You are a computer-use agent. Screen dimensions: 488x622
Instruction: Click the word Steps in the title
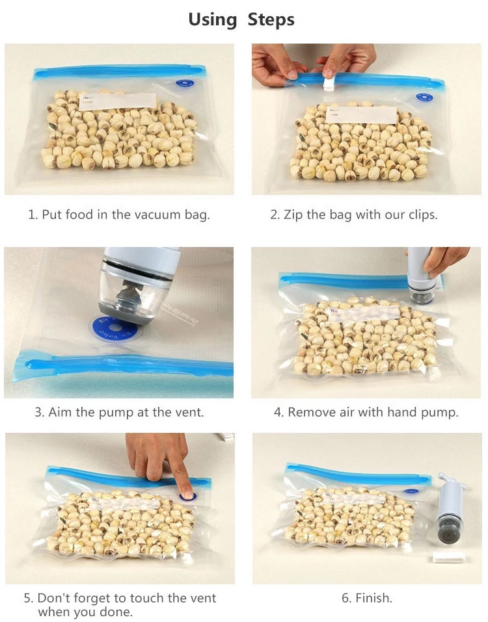[x=271, y=20]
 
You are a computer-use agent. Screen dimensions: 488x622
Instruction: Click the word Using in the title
[x=212, y=20]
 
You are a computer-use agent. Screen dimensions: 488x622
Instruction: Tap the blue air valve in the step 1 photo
[x=185, y=84]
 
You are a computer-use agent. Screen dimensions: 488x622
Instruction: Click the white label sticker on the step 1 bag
[x=118, y=101]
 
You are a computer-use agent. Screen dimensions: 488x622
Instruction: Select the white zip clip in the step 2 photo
[x=330, y=84]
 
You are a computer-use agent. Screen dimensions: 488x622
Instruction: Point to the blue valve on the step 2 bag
[x=424, y=97]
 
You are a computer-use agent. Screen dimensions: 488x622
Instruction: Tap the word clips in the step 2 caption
[x=422, y=215]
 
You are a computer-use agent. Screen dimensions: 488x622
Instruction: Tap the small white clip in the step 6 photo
[x=447, y=559]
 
